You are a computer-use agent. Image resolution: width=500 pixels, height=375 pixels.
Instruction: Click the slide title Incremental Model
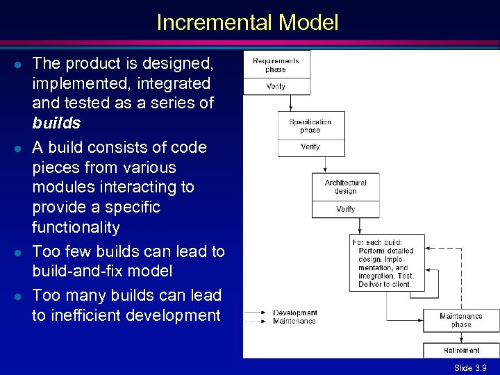point(247,23)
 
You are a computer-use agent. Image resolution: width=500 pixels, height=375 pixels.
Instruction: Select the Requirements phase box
point(276,65)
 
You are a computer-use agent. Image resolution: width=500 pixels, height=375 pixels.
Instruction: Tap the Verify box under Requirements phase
point(276,86)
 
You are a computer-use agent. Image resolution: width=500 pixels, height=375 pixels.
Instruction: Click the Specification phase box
point(310,126)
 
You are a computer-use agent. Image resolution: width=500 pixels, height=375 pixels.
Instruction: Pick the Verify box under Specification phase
point(310,147)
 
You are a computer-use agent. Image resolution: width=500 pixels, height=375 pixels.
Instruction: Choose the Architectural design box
point(345,187)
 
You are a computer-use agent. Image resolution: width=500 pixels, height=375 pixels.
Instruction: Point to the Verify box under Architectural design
point(345,209)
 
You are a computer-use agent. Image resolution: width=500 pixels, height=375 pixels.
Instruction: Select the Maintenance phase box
point(460,320)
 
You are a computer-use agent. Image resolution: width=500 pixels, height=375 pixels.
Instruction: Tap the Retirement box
point(460,350)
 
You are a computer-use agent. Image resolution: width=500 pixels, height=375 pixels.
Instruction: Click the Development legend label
point(295,312)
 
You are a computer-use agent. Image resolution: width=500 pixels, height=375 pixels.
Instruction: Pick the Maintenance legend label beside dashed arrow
point(294,321)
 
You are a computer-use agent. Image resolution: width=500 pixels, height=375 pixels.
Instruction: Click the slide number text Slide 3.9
point(470,367)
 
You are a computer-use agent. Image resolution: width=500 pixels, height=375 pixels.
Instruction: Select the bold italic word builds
point(56,124)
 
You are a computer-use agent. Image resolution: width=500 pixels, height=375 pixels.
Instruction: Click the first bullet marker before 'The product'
point(15,64)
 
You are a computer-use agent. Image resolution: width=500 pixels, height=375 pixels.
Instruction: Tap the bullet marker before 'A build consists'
point(15,148)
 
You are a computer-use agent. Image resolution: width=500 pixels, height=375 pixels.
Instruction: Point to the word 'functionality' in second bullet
point(76,227)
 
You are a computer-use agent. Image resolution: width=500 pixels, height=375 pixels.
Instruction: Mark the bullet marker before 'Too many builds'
point(15,296)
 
